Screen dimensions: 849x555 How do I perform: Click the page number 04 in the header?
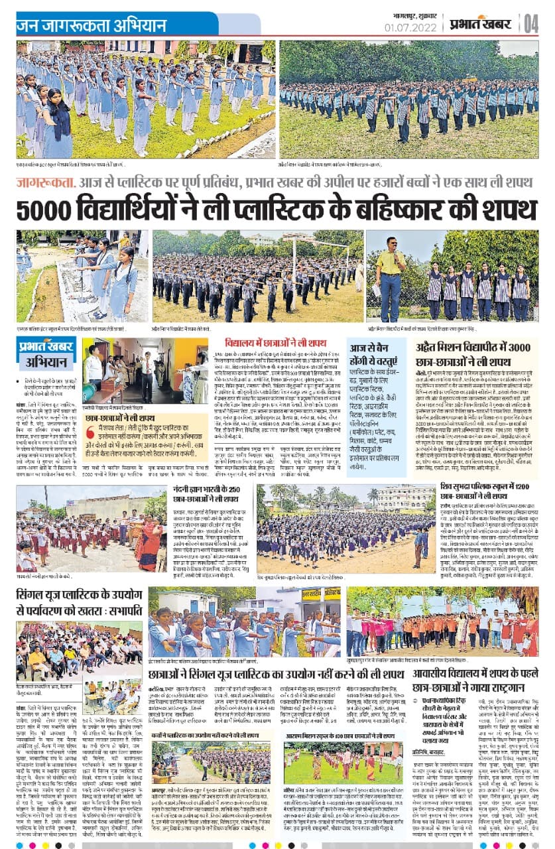coord(531,25)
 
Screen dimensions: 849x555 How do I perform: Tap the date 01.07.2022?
coord(410,27)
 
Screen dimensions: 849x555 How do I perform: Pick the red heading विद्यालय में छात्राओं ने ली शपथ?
coord(276,342)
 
